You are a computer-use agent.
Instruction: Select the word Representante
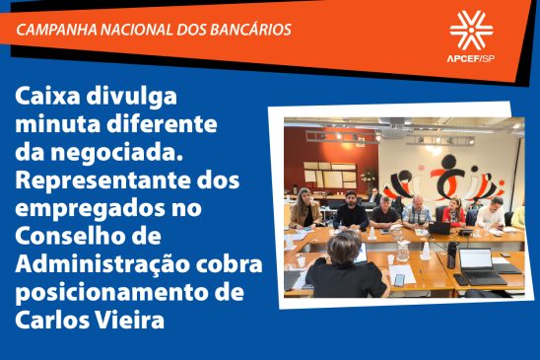point(99,182)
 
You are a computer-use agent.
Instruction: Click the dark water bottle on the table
point(451,254)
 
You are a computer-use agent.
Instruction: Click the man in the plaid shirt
point(417,211)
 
